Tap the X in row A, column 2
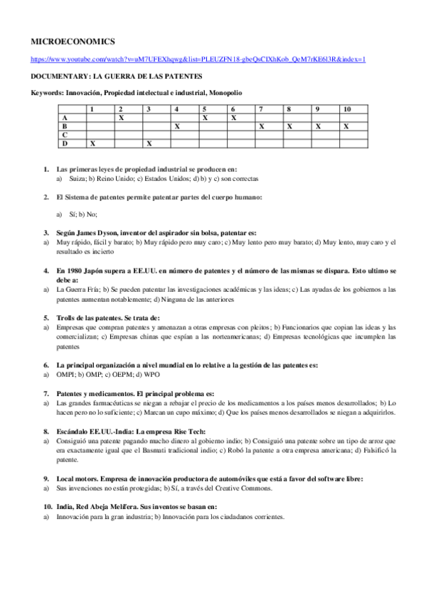tap(122, 117)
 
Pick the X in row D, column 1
tap(92, 143)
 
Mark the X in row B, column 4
tap(177, 126)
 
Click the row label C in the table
tap(65, 134)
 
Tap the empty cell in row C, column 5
tap(212, 134)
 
